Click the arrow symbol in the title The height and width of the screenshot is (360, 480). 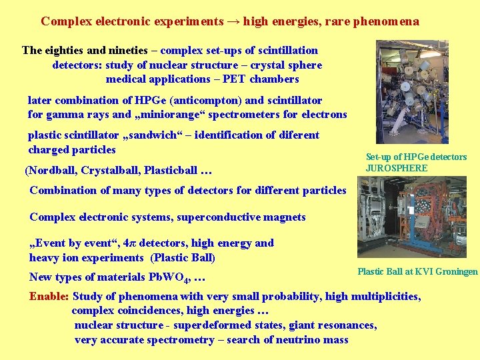[233, 21]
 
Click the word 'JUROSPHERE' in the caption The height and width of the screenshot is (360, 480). [397, 168]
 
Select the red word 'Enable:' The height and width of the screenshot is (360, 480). [49, 297]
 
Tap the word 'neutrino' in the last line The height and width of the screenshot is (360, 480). [291, 340]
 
